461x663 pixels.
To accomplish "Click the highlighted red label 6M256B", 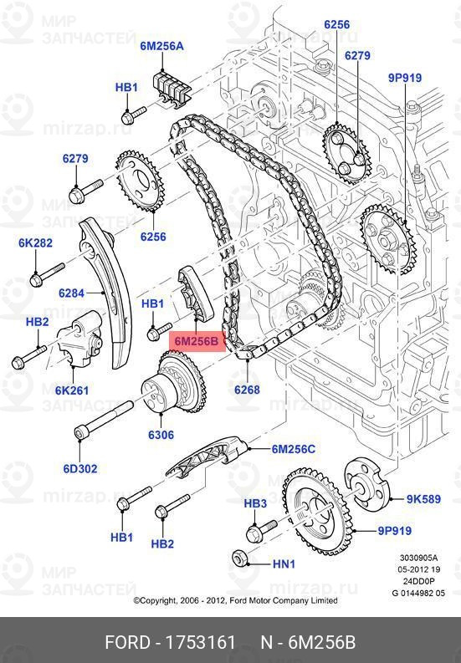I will pyautogui.click(x=197, y=341).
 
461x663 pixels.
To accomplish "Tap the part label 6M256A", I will pyautogui.click(x=161, y=47).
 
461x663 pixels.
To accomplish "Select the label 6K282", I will pyautogui.click(x=35, y=243).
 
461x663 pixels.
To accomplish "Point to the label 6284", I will pyautogui.click(x=73, y=293).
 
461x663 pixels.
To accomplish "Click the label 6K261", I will pyautogui.click(x=72, y=389).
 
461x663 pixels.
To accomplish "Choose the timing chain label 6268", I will pyautogui.click(x=247, y=389).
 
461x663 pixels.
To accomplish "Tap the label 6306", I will pyautogui.click(x=161, y=435).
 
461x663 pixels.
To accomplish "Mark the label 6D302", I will pyautogui.click(x=82, y=467).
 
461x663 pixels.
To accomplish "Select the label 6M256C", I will pyautogui.click(x=293, y=449).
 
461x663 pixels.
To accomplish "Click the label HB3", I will pyautogui.click(x=255, y=503).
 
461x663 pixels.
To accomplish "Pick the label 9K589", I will pyautogui.click(x=423, y=500).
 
